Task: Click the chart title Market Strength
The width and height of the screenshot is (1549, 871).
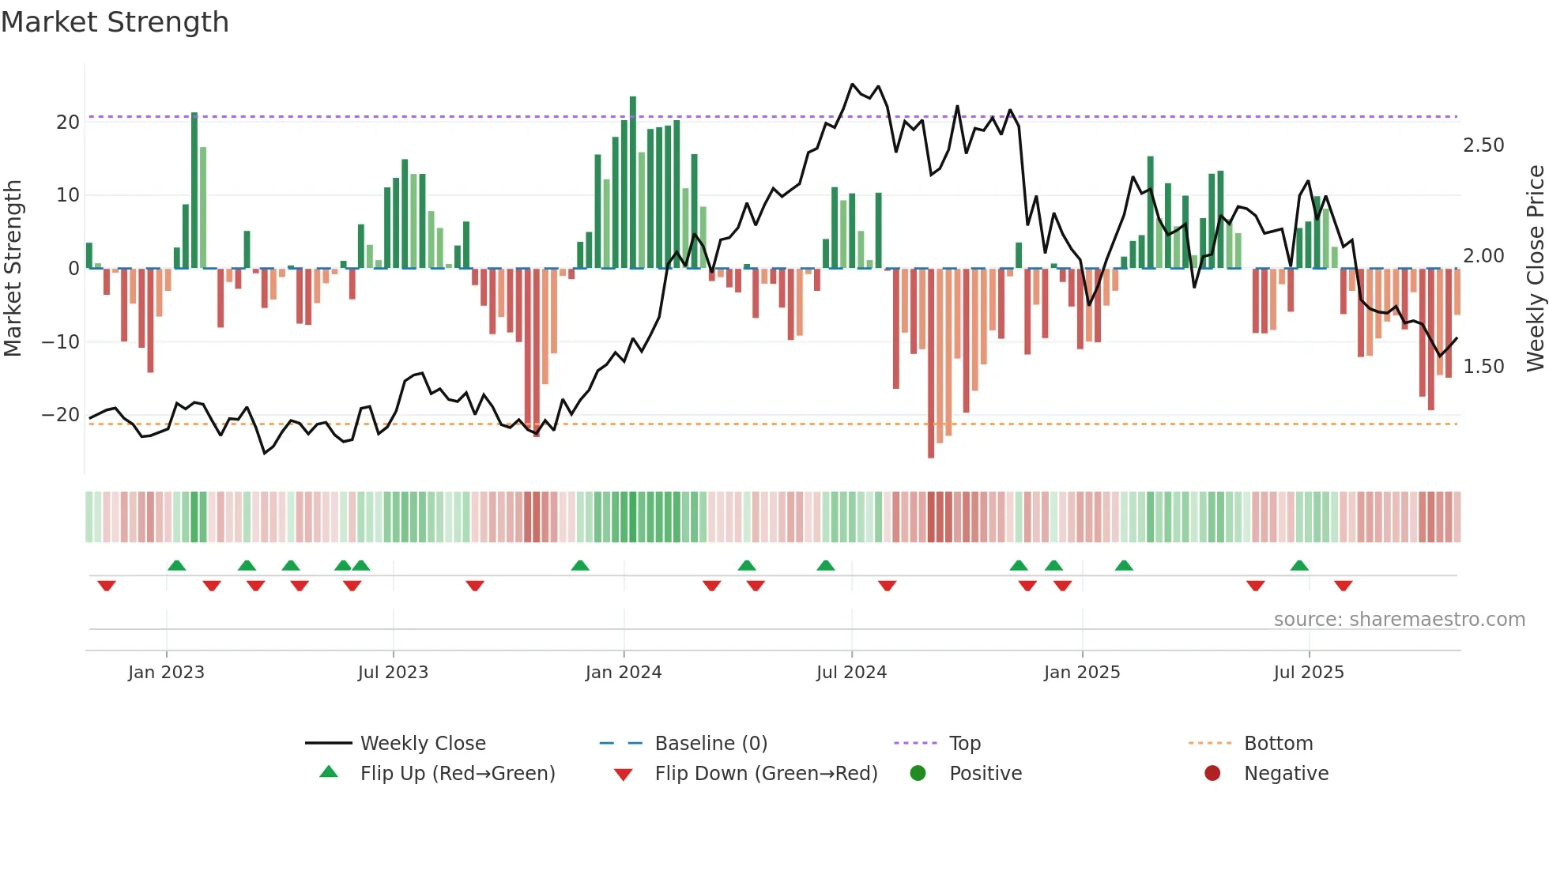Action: pos(115,22)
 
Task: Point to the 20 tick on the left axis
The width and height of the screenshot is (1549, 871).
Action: pos(68,123)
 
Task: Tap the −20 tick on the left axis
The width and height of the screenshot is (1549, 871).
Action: pos(61,415)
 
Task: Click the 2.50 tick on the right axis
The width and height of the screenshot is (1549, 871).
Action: pos(1483,145)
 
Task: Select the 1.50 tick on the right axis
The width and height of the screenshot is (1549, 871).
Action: pos(1483,367)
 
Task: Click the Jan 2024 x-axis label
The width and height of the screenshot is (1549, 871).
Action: pos(623,673)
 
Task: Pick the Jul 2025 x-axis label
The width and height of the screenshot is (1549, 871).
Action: pos(1308,673)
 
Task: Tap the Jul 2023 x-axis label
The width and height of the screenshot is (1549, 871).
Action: pos(393,673)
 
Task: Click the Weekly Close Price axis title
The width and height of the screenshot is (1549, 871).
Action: pos(1535,269)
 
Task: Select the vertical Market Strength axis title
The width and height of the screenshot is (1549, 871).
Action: pos(13,269)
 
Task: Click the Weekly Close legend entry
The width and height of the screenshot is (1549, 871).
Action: pos(422,744)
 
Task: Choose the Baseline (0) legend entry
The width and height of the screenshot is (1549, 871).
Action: pos(710,744)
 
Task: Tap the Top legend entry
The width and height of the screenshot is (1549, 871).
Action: pos(964,744)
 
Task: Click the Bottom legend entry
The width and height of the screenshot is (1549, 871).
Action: pos(1278,744)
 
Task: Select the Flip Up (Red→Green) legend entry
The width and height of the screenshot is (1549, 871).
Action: pos(457,774)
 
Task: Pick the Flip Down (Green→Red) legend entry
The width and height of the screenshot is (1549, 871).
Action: pos(765,774)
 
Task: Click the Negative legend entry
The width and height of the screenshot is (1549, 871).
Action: pos(1285,774)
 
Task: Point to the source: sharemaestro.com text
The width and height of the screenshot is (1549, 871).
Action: pos(1399,620)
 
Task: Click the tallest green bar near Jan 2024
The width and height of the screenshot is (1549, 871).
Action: pos(633,182)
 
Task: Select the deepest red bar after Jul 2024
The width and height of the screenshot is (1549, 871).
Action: pos(931,364)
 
